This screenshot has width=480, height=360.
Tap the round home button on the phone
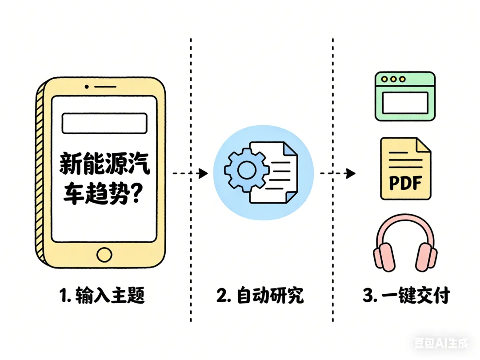tap(104, 255)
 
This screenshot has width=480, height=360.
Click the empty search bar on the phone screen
tap(104, 123)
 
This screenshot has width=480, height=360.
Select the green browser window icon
tap(405, 96)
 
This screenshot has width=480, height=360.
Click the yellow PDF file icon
tap(405, 169)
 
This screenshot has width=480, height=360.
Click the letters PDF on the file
tap(405, 183)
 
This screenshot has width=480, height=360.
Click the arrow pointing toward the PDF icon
tap(338, 173)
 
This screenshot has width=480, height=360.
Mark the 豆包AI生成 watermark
tap(441, 343)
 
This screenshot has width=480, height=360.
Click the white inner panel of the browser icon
tap(405, 102)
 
